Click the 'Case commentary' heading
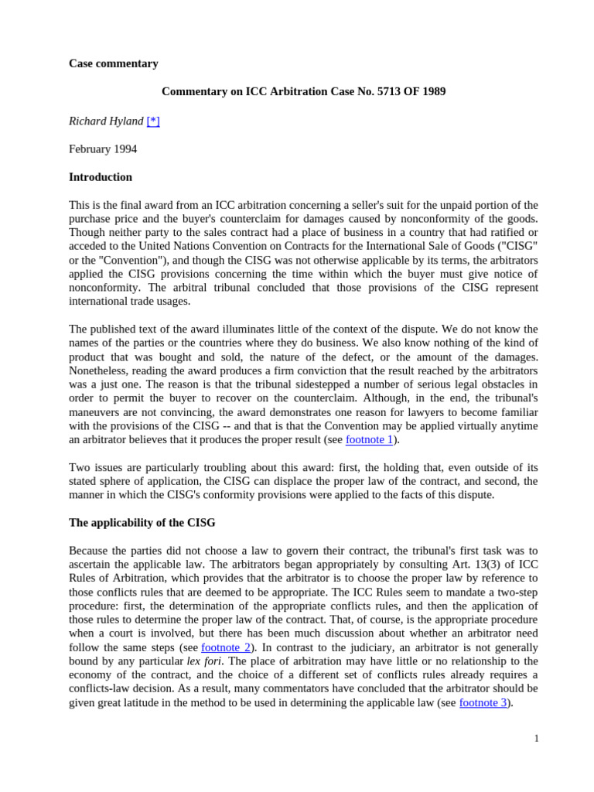[x=113, y=63]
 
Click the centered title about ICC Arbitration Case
[x=303, y=91]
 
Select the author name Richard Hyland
[x=106, y=121]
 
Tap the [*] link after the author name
[x=153, y=121]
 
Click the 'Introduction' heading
[x=101, y=177]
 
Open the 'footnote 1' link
[x=369, y=439]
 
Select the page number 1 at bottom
[x=536, y=739]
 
